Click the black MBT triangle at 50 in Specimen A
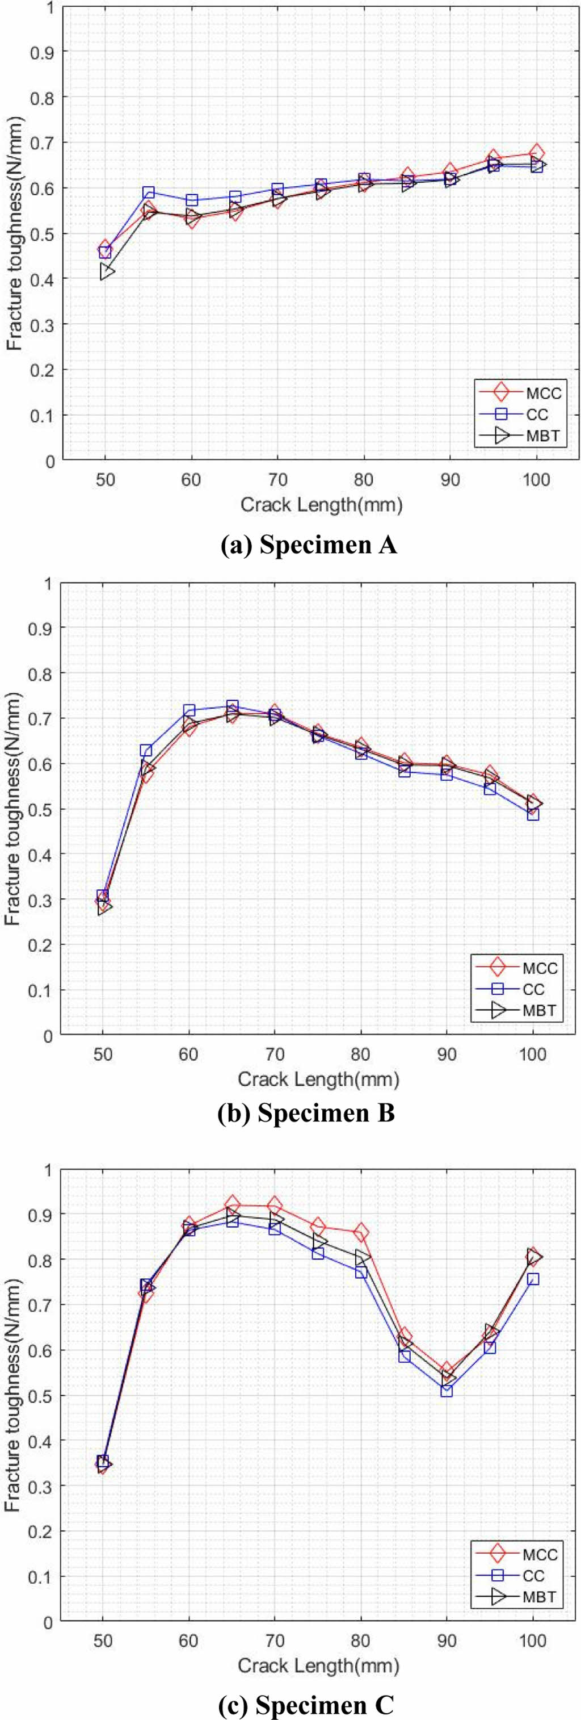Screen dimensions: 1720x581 pos(106,272)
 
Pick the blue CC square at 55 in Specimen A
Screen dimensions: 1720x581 pos(149,193)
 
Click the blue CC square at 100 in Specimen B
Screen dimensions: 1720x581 pos(533,814)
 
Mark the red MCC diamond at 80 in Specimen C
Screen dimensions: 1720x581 pos(361,1232)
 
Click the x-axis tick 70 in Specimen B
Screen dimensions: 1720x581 pos(274,1055)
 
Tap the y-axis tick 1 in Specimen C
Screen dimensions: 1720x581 pos(47,1170)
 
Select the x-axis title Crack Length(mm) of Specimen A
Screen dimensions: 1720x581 pos(322,505)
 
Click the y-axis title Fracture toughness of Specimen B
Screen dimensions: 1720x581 pos(14,809)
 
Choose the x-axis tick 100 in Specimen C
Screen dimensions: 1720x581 pos(533,1640)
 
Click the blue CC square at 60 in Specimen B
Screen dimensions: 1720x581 pos(189,710)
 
